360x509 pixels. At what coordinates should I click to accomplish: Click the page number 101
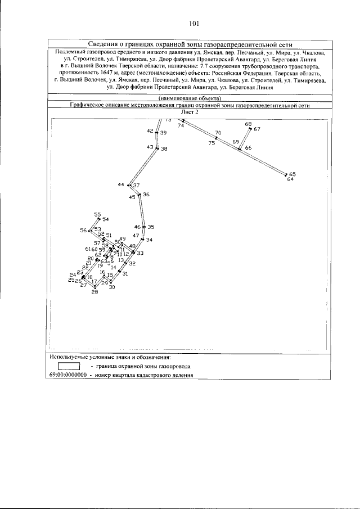[x=195, y=23]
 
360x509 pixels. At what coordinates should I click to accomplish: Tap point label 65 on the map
[x=292, y=174]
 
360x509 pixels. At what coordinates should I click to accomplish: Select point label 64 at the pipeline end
[x=290, y=179]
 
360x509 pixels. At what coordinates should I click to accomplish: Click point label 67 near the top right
[x=257, y=129]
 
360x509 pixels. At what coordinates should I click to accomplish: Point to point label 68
[x=248, y=124]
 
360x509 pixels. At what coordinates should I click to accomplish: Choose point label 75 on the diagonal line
[x=211, y=143]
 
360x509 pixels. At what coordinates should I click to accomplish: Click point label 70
[x=218, y=133]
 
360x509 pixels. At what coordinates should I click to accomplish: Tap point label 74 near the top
[x=181, y=126]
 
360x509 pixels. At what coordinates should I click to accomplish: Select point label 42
[x=150, y=130]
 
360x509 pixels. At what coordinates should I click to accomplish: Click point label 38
[x=164, y=149]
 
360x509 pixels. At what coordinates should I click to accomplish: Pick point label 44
[x=121, y=184]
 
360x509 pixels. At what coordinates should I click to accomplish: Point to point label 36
[x=146, y=195]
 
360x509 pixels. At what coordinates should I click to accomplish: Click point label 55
[x=97, y=214]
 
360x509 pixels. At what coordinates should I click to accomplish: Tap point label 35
[x=151, y=227]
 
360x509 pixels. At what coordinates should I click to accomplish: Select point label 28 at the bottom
[x=94, y=292]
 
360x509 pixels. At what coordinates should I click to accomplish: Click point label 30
[x=112, y=287]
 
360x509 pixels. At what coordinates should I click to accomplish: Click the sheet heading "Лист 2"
[x=191, y=112]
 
